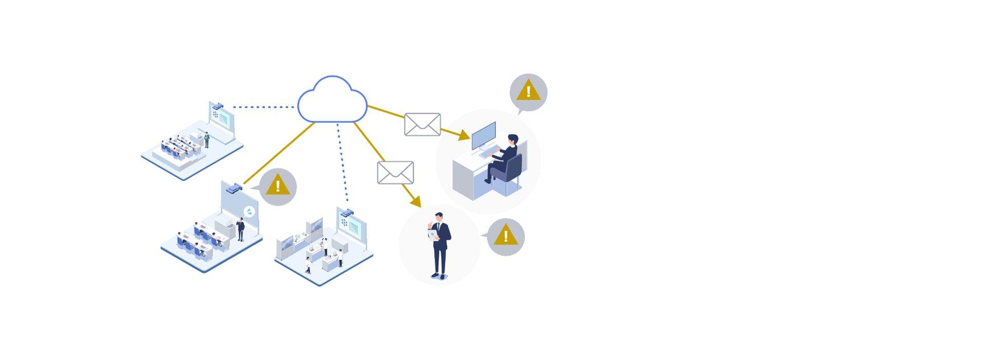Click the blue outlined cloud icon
[332, 101]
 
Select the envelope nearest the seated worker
[422, 124]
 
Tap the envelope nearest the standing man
[395, 173]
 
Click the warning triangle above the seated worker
[528, 93]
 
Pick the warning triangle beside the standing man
[505, 237]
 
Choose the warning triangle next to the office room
[278, 186]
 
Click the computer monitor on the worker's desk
[484, 135]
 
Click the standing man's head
[438, 217]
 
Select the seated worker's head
[513, 140]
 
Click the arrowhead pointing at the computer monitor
[464, 136]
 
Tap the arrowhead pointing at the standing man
[415, 202]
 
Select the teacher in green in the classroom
[207, 139]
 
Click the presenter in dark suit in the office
[240, 228]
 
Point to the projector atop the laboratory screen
[347, 212]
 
